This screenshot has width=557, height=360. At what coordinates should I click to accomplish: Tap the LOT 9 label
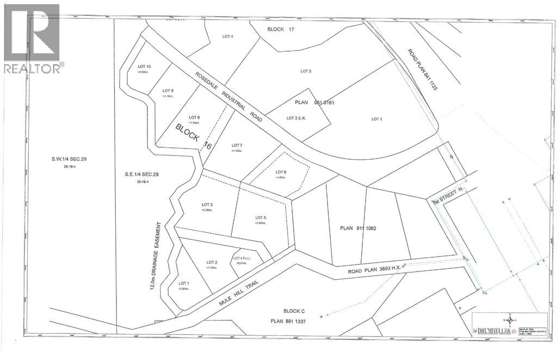[x=168, y=91]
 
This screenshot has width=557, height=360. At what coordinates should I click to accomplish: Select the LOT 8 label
[x=194, y=117]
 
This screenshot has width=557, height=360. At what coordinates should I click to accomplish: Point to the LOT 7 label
[x=237, y=145]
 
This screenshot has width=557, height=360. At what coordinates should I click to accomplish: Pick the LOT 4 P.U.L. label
[x=241, y=258]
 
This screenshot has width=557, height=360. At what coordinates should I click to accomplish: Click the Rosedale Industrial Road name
[x=228, y=96]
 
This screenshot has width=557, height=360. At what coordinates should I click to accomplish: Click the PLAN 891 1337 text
[x=293, y=321]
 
